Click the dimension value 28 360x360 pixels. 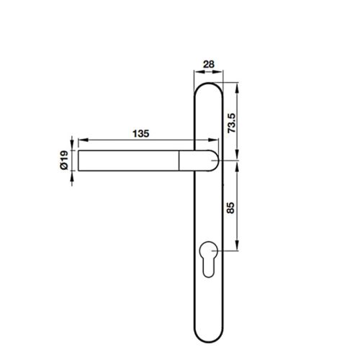click(210, 65)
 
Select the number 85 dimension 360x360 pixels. click(231, 210)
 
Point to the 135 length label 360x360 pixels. click(141, 132)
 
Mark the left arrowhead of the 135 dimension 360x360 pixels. click(81, 139)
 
